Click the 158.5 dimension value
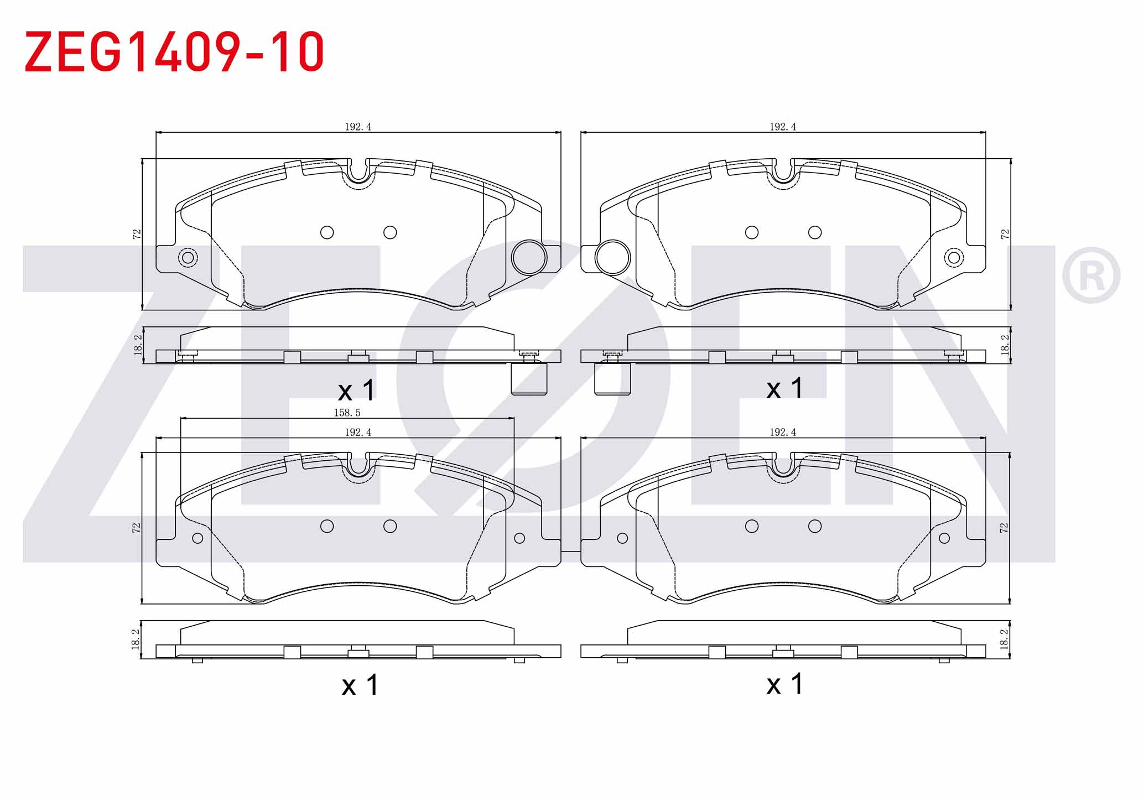coord(347,413)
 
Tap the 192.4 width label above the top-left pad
coord(358,127)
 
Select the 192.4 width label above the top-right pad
coord(783,127)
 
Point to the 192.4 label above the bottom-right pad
coord(783,432)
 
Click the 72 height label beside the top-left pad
coord(137,234)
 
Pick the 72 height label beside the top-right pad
coord(1005,234)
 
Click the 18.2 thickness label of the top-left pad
coord(138,345)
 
